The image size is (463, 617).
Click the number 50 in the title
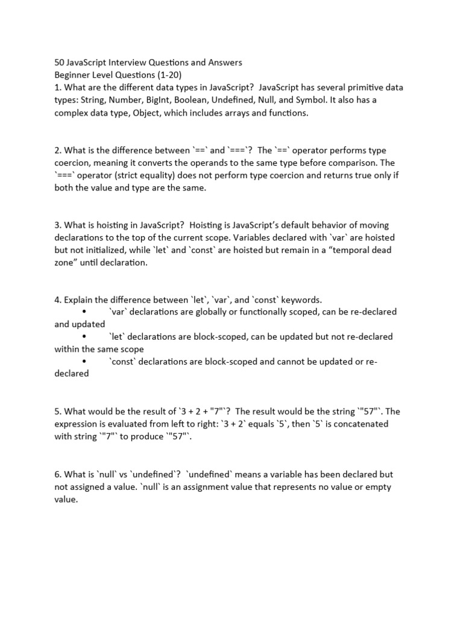60,62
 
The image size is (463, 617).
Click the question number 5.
58,412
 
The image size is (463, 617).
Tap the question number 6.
58,474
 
